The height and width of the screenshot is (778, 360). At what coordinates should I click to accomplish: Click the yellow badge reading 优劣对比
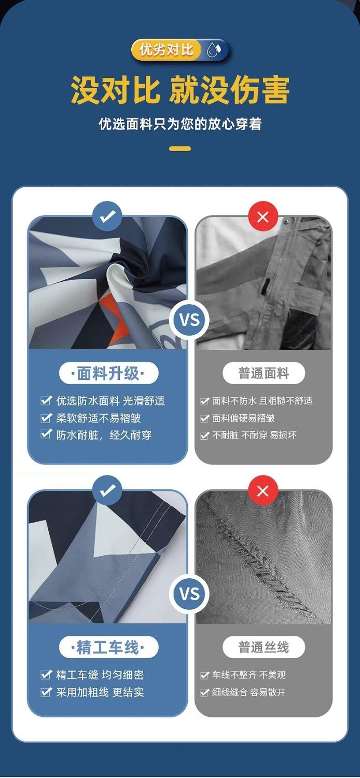pos(167,50)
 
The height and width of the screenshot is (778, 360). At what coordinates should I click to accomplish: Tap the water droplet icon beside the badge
pos(214,50)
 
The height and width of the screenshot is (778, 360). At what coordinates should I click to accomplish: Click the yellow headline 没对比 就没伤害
pos(180,90)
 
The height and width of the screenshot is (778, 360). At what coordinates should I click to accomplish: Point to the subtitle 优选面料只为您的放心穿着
pos(180,124)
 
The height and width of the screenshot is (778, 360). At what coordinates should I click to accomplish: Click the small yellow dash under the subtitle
pos(180,148)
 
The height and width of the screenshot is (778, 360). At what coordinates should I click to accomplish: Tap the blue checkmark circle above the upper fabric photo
pos(107,216)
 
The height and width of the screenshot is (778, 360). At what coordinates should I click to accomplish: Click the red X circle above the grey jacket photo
pos(263,217)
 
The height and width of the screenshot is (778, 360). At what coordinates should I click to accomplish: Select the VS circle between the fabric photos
pos(189,319)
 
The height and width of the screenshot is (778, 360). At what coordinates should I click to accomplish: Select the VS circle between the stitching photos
pos(189,594)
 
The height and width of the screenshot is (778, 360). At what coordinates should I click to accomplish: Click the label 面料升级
pos(108,374)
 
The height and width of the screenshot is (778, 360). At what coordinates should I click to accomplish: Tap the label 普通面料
pos(264,374)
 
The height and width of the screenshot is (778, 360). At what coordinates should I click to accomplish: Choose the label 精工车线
pos(108,647)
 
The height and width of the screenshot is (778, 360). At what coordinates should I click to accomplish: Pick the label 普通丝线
pos(264,647)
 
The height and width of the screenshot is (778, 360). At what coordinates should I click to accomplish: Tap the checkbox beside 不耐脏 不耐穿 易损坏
pos(205,435)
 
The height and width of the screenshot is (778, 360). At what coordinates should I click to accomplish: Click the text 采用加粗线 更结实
pos(100,692)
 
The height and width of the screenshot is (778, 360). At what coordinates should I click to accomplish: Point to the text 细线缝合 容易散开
pos(248,692)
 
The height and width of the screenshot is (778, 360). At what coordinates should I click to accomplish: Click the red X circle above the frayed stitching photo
pos(263,491)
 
